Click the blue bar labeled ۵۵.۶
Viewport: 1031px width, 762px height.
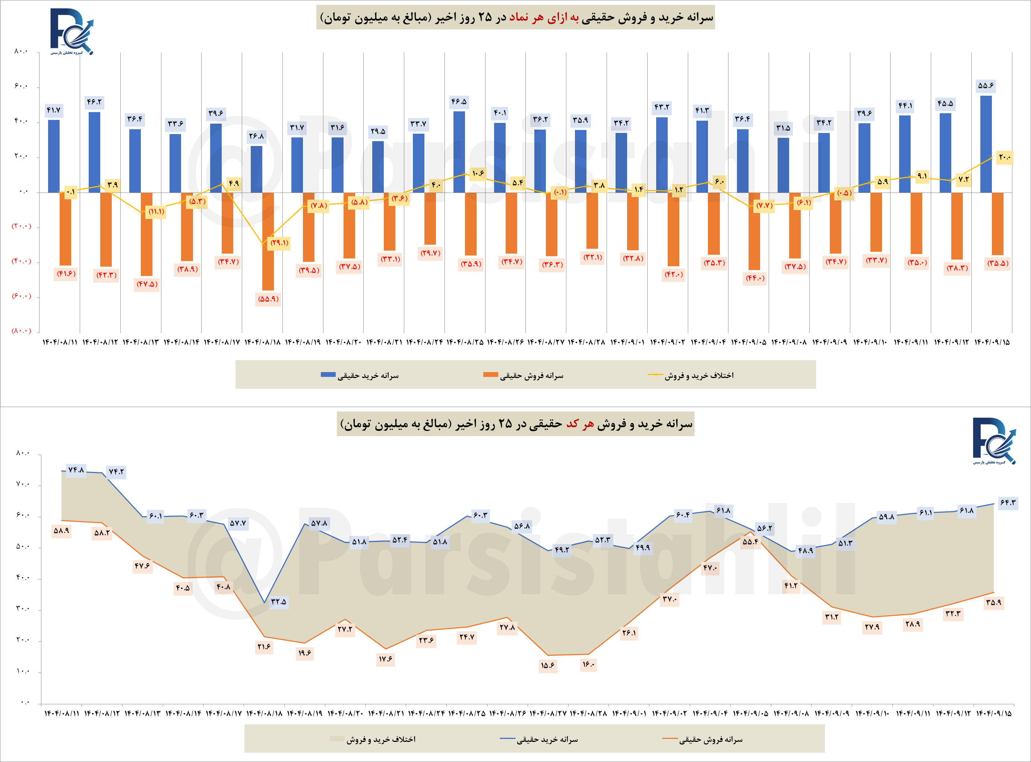tap(985, 144)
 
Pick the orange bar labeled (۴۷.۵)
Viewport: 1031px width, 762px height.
tap(146, 234)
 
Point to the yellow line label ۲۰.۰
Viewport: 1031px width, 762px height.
tap(1004, 157)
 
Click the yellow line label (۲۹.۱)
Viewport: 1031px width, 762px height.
tap(279, 242)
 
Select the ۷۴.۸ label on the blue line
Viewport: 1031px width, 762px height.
tap(76, 470)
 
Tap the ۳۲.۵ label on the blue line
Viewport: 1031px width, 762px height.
tap(278, 601)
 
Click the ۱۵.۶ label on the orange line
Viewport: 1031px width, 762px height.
tap(547, 665)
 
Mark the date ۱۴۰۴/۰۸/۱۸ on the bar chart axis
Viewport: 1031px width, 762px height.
tap(263, 342)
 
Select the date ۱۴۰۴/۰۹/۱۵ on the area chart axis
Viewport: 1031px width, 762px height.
tap(994, 714)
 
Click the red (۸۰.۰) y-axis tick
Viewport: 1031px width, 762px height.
tap(21, 331)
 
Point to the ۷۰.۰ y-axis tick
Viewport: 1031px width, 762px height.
tap(22, 484)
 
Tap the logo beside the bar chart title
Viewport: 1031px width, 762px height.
tap(71, 31)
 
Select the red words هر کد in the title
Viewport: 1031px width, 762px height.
tap(580, 424)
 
